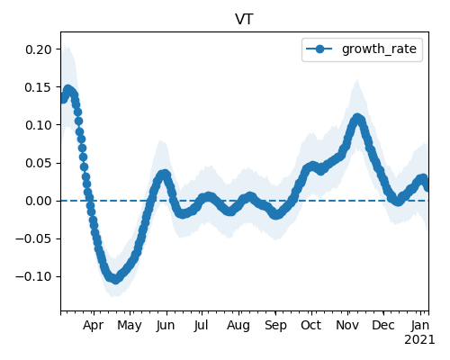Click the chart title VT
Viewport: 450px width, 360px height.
(245, 20)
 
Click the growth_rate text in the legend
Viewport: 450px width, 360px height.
(379, 49)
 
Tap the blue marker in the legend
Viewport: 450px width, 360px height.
(319, 49)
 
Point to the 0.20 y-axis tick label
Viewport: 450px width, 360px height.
(39, 49)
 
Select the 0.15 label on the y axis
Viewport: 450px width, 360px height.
(39, 87)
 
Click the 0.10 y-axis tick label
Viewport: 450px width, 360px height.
(39, 125)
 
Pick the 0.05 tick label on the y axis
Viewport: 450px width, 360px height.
(39, 163)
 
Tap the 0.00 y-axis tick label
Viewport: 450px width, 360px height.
(39, 201)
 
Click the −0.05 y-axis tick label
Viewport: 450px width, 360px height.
(33, 238)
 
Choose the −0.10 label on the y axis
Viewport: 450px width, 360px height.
(33, 276)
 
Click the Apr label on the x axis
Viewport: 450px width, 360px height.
(94, 326)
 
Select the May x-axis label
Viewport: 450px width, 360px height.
(130, 326)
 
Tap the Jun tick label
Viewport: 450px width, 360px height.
(166, 326)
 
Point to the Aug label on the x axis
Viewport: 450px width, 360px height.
(238, 326)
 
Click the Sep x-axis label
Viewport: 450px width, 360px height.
(275, 326)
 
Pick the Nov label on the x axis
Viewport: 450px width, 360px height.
(347, 326)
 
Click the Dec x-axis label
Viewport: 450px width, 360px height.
(383, 326)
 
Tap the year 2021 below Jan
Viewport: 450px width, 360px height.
(419, 340)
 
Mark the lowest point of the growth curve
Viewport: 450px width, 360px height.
(115, 279)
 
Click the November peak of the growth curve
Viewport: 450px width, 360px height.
(357, 118)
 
